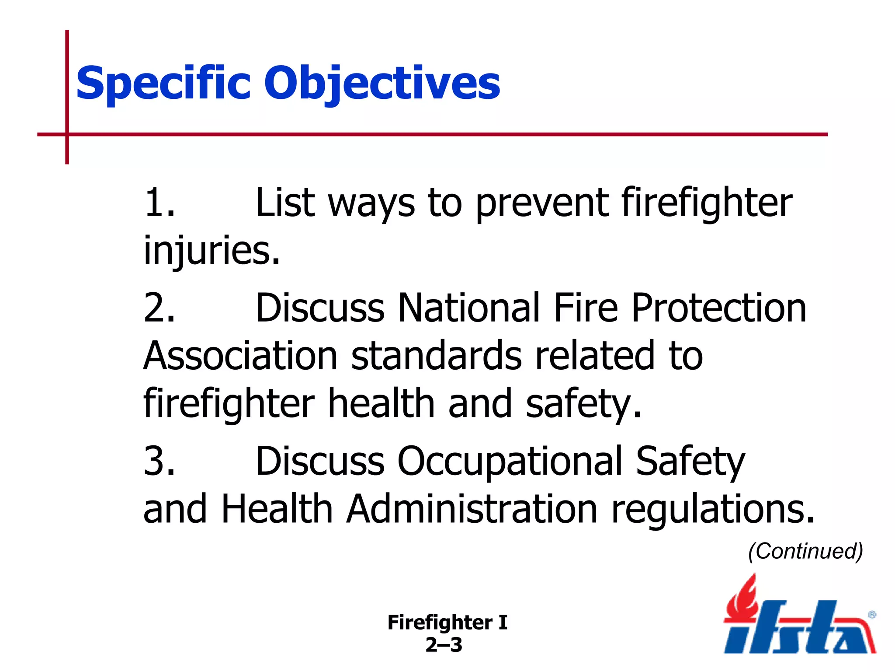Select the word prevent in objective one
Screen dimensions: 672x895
coord(542,204)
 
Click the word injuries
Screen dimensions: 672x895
coord(212,251)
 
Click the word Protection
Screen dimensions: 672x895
coord(718,308)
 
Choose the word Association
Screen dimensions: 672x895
coord(240,356)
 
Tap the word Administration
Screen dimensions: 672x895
coord(472,509)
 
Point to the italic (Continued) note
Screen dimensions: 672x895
coord(805,551)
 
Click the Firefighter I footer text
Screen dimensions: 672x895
coord(447,623)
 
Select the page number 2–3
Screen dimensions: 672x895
coord(444,645)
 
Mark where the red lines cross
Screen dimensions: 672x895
coord(67,134)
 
